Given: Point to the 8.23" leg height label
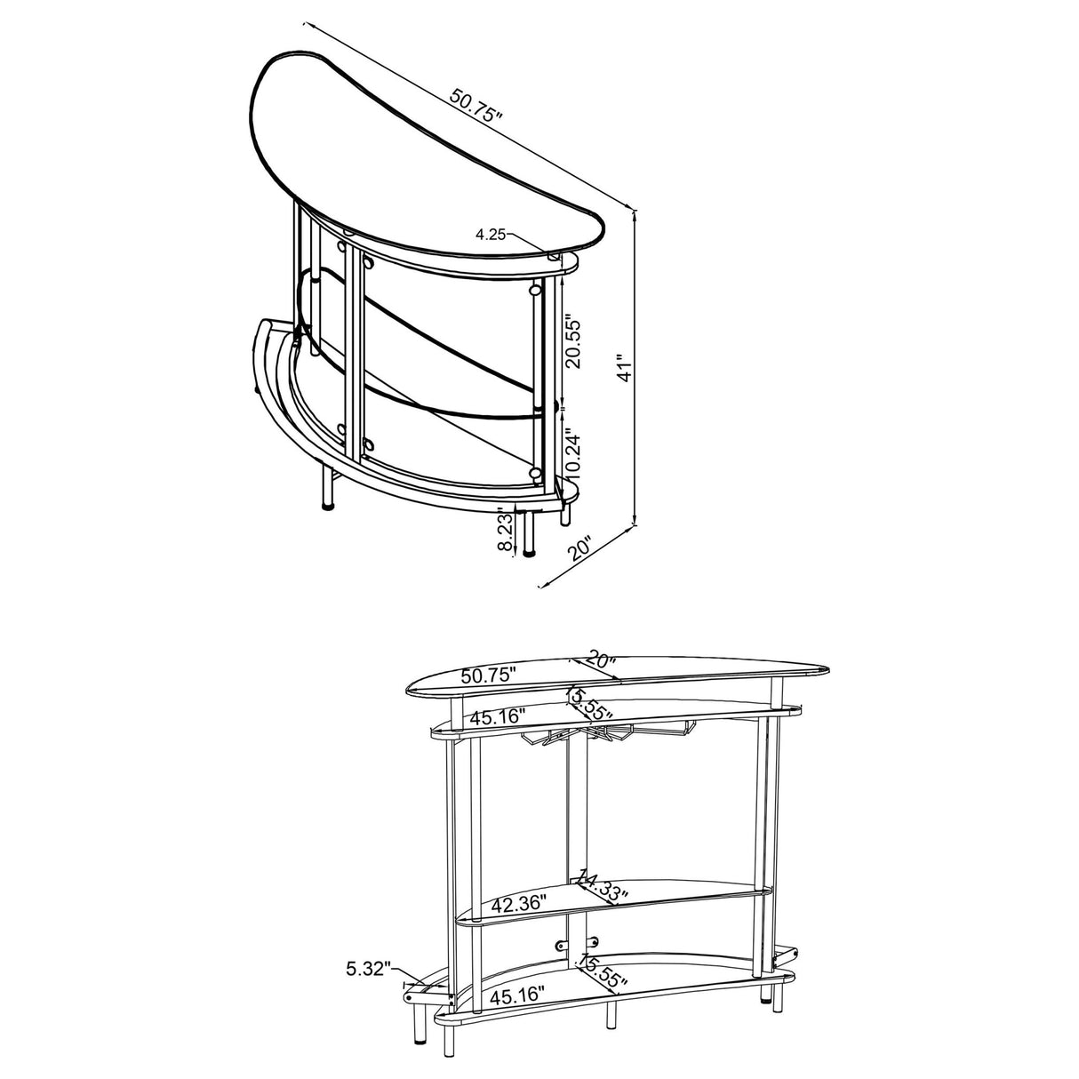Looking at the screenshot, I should point(506,531).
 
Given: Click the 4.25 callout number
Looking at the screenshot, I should point(491,235).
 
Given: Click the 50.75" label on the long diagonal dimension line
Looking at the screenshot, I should point(476,106).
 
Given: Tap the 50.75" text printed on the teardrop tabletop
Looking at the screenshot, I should point(488,675).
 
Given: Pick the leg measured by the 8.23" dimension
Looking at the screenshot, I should point(531,533).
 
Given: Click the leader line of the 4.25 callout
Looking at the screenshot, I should point(533,245).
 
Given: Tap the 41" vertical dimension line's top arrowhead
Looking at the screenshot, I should point(635,215).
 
